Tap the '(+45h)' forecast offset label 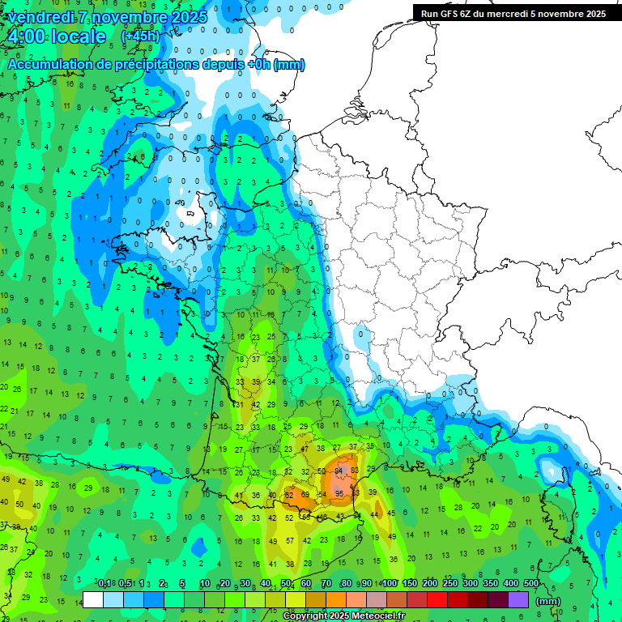(139, 36)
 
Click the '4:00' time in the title (25, 36)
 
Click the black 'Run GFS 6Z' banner (513, 13)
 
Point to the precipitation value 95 (339, 494)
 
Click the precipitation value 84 (342, 470)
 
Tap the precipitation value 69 (305, 494)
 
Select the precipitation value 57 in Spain (290, 540)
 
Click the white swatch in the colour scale (93, 600)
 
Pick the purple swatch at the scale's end (518, 600)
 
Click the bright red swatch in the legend (437, 600)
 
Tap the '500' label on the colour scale (530, 583)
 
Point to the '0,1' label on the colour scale (104, 583)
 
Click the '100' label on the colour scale (389, 583)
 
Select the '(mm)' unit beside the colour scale (548, 601)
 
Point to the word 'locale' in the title (78, 36)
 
